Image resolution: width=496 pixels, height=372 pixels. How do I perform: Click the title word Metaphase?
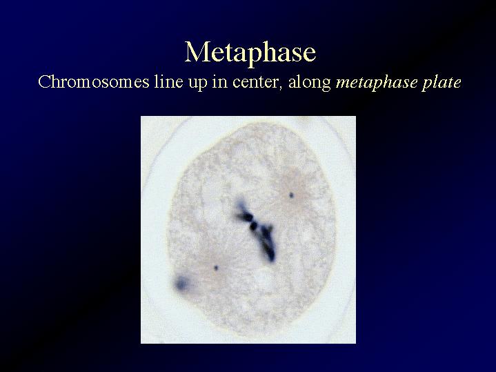point(250,52)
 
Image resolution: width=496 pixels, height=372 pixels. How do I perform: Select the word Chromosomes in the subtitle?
point(94,82)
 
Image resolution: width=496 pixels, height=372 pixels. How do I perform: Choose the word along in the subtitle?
point(309,83)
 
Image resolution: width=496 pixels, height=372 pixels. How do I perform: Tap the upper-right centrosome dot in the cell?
point(291,195)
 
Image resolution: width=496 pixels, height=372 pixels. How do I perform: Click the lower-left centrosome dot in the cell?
point(216,268)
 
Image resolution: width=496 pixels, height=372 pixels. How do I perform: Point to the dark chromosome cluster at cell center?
point(257,230)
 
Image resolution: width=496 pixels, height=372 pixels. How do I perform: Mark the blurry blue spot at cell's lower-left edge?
point(182,283)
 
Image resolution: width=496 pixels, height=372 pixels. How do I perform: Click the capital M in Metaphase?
point(197,52)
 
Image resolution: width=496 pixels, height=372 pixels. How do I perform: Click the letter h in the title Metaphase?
point(267,51)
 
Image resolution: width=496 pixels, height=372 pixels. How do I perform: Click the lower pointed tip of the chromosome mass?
point(272,261)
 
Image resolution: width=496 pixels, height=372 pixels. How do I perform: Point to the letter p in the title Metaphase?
point(252,56)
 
